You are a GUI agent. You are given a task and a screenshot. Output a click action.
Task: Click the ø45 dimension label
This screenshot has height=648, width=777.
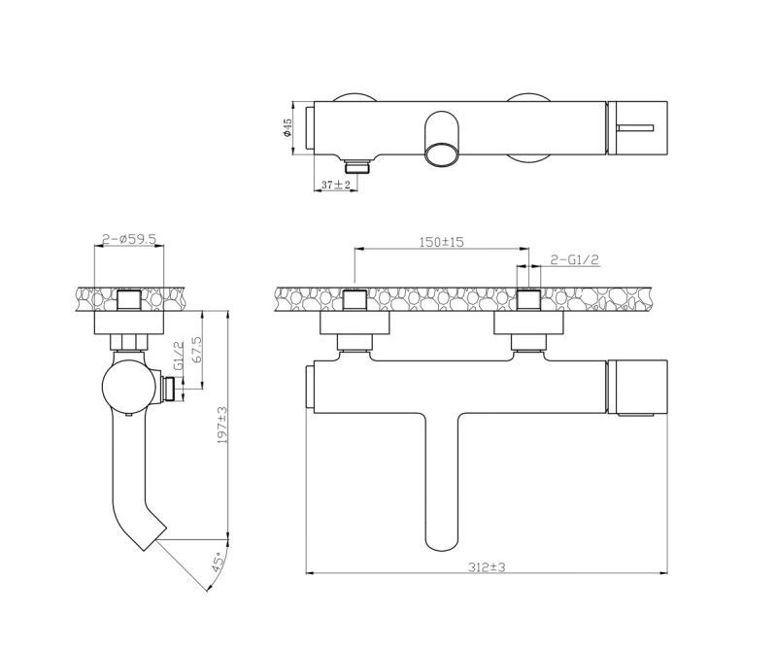(x=287, y=128)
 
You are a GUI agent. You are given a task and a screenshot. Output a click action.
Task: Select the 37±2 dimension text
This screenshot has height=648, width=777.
(x=336, y=185)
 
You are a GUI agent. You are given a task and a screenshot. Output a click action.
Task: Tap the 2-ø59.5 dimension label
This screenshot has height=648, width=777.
(x=129, y=239)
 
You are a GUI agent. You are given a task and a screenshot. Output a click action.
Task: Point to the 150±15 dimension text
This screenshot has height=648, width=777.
(x=442, y=242)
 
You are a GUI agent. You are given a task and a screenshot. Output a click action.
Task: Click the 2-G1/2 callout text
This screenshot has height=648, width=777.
(x=575, y=258)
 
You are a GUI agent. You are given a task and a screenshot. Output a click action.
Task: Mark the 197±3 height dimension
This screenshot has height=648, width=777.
(x=222, y=425)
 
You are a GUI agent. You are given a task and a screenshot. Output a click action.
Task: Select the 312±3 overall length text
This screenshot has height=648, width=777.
(x=487, y=566)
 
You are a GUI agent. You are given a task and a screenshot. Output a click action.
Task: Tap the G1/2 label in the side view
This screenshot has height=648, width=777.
(x=179, y=355)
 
